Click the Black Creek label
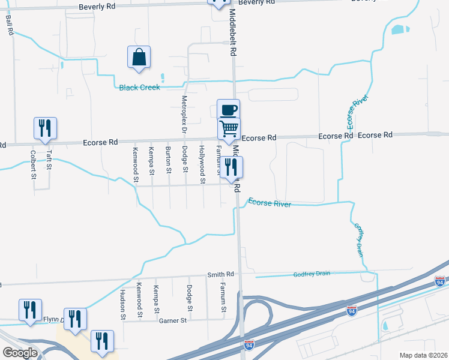pyautogui.click(x=139, y=88)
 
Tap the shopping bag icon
pyautogui.click(x=139, y=58)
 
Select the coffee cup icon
pyautogui.click(x=228, y=110)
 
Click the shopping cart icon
pyautogui.click(x=229, y=128)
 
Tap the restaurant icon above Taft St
pyautogui.click(x=45, y=128)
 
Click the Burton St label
pyautogui.click(x=169, y=159)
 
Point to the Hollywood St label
pyautogui.click(x=202, y=164)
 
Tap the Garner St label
pyautogui.click(x=174, y=321)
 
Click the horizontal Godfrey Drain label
pyautogui.click(x=312, y=274)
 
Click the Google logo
pyautogui.click(x=20, y=353)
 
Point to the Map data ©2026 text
pyautogui.click(x=423, y=355)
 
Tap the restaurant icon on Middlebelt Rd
pyautogui.click(x=231, y=167)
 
